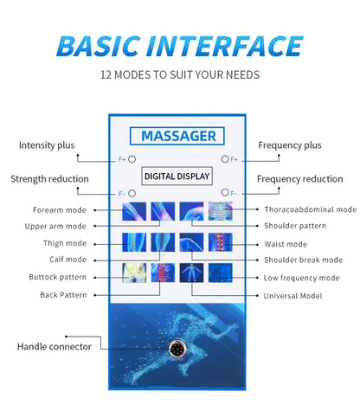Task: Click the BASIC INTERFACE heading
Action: pos(180,45)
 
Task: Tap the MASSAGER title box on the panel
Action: pos(178,136)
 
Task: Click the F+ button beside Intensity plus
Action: pos(133,159)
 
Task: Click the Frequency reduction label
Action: pos(299,179)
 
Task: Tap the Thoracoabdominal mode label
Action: pos(310,209)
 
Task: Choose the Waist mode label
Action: pos(286,244)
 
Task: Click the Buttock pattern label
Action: pos(57,277)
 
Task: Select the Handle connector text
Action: pos(54,347)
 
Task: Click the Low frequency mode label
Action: pos(301,277)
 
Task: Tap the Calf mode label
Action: pos(67,259)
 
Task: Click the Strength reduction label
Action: pos(49,179)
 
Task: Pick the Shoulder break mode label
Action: pos(303,259)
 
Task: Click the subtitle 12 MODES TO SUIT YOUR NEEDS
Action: pos(180,74)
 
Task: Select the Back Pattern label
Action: pos(63,295)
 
